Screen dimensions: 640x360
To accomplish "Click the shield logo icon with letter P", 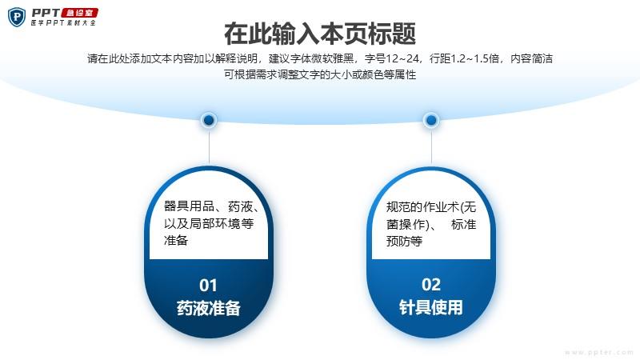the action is (17, 17).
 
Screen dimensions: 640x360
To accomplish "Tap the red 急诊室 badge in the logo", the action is (79, 13).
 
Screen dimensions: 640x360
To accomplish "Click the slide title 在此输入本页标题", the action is (320, 34).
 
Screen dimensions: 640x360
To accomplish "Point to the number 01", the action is (208, 286).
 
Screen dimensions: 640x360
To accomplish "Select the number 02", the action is (431, 285).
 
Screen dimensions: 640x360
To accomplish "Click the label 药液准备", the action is (209, 308).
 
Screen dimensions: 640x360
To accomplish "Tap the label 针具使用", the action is (431, 307).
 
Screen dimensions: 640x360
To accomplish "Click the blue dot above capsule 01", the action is (209, 120).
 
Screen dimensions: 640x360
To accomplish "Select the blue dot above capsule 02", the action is (431, 120).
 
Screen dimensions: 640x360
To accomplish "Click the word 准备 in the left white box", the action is (175, 240).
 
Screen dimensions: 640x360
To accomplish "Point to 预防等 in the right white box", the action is (404, 241).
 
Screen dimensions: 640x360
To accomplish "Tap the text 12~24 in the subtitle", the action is (402, 58).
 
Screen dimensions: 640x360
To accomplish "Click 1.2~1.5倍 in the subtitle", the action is (474, 58).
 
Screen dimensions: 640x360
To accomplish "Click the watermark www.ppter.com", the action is (599, 352).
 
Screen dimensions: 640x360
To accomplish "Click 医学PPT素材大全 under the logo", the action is (63, 23).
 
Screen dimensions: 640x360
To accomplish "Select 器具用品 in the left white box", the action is (189, 206).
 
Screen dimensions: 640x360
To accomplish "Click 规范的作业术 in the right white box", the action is (422, 207).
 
